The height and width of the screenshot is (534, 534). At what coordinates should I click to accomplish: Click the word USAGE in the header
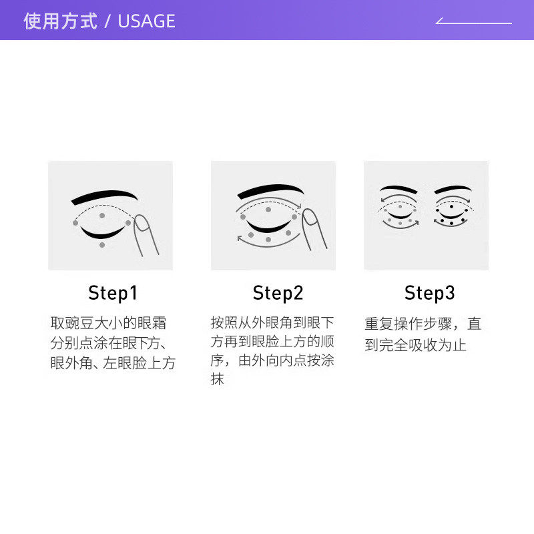[x=146, y=21]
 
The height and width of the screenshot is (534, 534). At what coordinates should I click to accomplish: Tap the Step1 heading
[x=112, y=293]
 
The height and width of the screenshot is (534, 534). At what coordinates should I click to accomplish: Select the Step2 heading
[x=278, y=293]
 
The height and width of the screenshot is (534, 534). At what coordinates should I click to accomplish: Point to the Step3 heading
[x=429, y=293]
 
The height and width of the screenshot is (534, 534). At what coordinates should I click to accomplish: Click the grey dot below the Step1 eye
[x=102, y=245]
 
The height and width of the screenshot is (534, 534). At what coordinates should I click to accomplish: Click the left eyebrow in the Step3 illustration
[x=398, y=190]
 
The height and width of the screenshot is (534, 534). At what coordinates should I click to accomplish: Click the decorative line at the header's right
[x=474, y=22]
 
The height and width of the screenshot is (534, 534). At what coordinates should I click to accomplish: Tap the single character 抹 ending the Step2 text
[x=217, y=380]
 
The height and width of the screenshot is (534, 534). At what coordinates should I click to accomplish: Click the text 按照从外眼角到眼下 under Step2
[x=272, y=323]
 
